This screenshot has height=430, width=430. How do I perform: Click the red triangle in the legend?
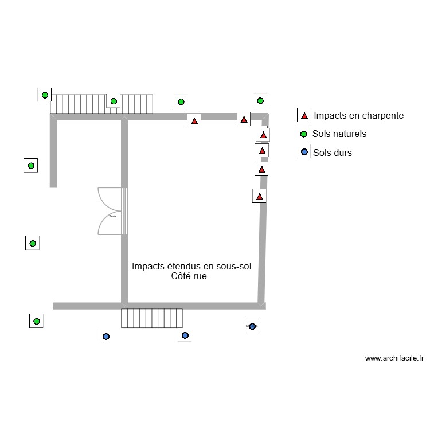304,115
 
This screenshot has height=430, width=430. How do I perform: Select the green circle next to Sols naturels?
304,135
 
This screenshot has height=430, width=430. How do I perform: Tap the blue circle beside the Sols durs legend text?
304,153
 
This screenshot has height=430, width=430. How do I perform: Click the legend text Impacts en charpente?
358,115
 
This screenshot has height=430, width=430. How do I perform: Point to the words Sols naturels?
339,134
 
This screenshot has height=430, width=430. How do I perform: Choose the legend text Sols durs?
332,153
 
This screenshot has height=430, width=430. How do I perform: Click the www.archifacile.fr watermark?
394,359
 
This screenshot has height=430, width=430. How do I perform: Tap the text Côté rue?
189,276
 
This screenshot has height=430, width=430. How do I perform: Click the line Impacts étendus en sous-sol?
191,266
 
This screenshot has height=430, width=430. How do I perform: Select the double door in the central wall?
112,211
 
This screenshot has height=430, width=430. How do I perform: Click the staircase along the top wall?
103,103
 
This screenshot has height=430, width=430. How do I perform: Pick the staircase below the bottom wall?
151,318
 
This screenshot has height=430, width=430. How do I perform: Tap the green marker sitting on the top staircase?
114,101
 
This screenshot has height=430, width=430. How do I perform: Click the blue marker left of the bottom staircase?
105,337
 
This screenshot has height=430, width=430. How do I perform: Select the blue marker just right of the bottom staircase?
185,335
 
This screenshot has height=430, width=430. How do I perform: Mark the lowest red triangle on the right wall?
260,197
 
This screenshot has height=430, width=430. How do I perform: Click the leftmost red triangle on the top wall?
194,121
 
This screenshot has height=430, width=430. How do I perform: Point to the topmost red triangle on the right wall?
263,135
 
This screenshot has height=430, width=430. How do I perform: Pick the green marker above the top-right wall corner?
260,101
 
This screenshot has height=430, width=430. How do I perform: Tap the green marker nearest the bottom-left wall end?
36,321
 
